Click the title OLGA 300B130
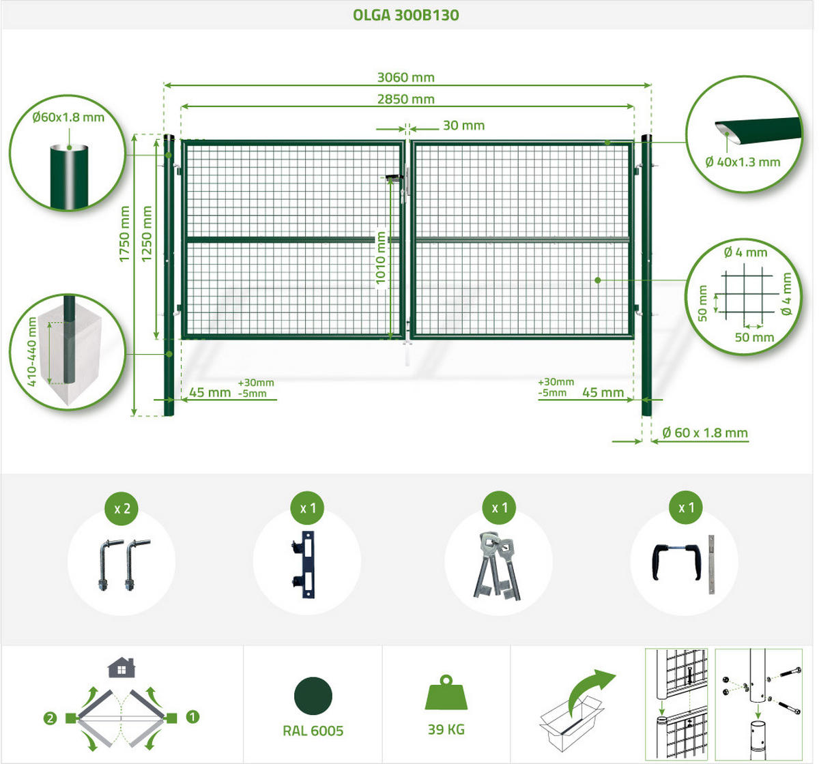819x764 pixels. [406, 15]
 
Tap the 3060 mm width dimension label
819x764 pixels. [406, 77]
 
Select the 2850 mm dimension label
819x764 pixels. [406, 99]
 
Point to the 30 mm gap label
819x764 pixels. [463, 126]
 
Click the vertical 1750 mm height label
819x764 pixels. [124, 234]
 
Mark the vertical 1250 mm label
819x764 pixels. [147, 234]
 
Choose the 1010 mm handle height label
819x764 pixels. [380, 258]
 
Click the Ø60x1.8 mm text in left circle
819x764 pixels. [68, 117]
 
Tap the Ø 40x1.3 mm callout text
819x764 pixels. [743, 162]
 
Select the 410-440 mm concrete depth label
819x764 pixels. [31, 351]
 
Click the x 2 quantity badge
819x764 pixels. [121, 508]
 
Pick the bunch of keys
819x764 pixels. [497, 565]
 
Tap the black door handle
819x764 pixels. [677, 561]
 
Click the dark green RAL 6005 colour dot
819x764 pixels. [313, 696]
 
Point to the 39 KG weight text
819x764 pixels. [446, 730]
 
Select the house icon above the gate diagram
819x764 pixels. [121, 668]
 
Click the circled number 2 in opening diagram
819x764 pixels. [50, 719]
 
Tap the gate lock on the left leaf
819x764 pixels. [394, 178]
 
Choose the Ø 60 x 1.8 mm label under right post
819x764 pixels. [705, 433]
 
